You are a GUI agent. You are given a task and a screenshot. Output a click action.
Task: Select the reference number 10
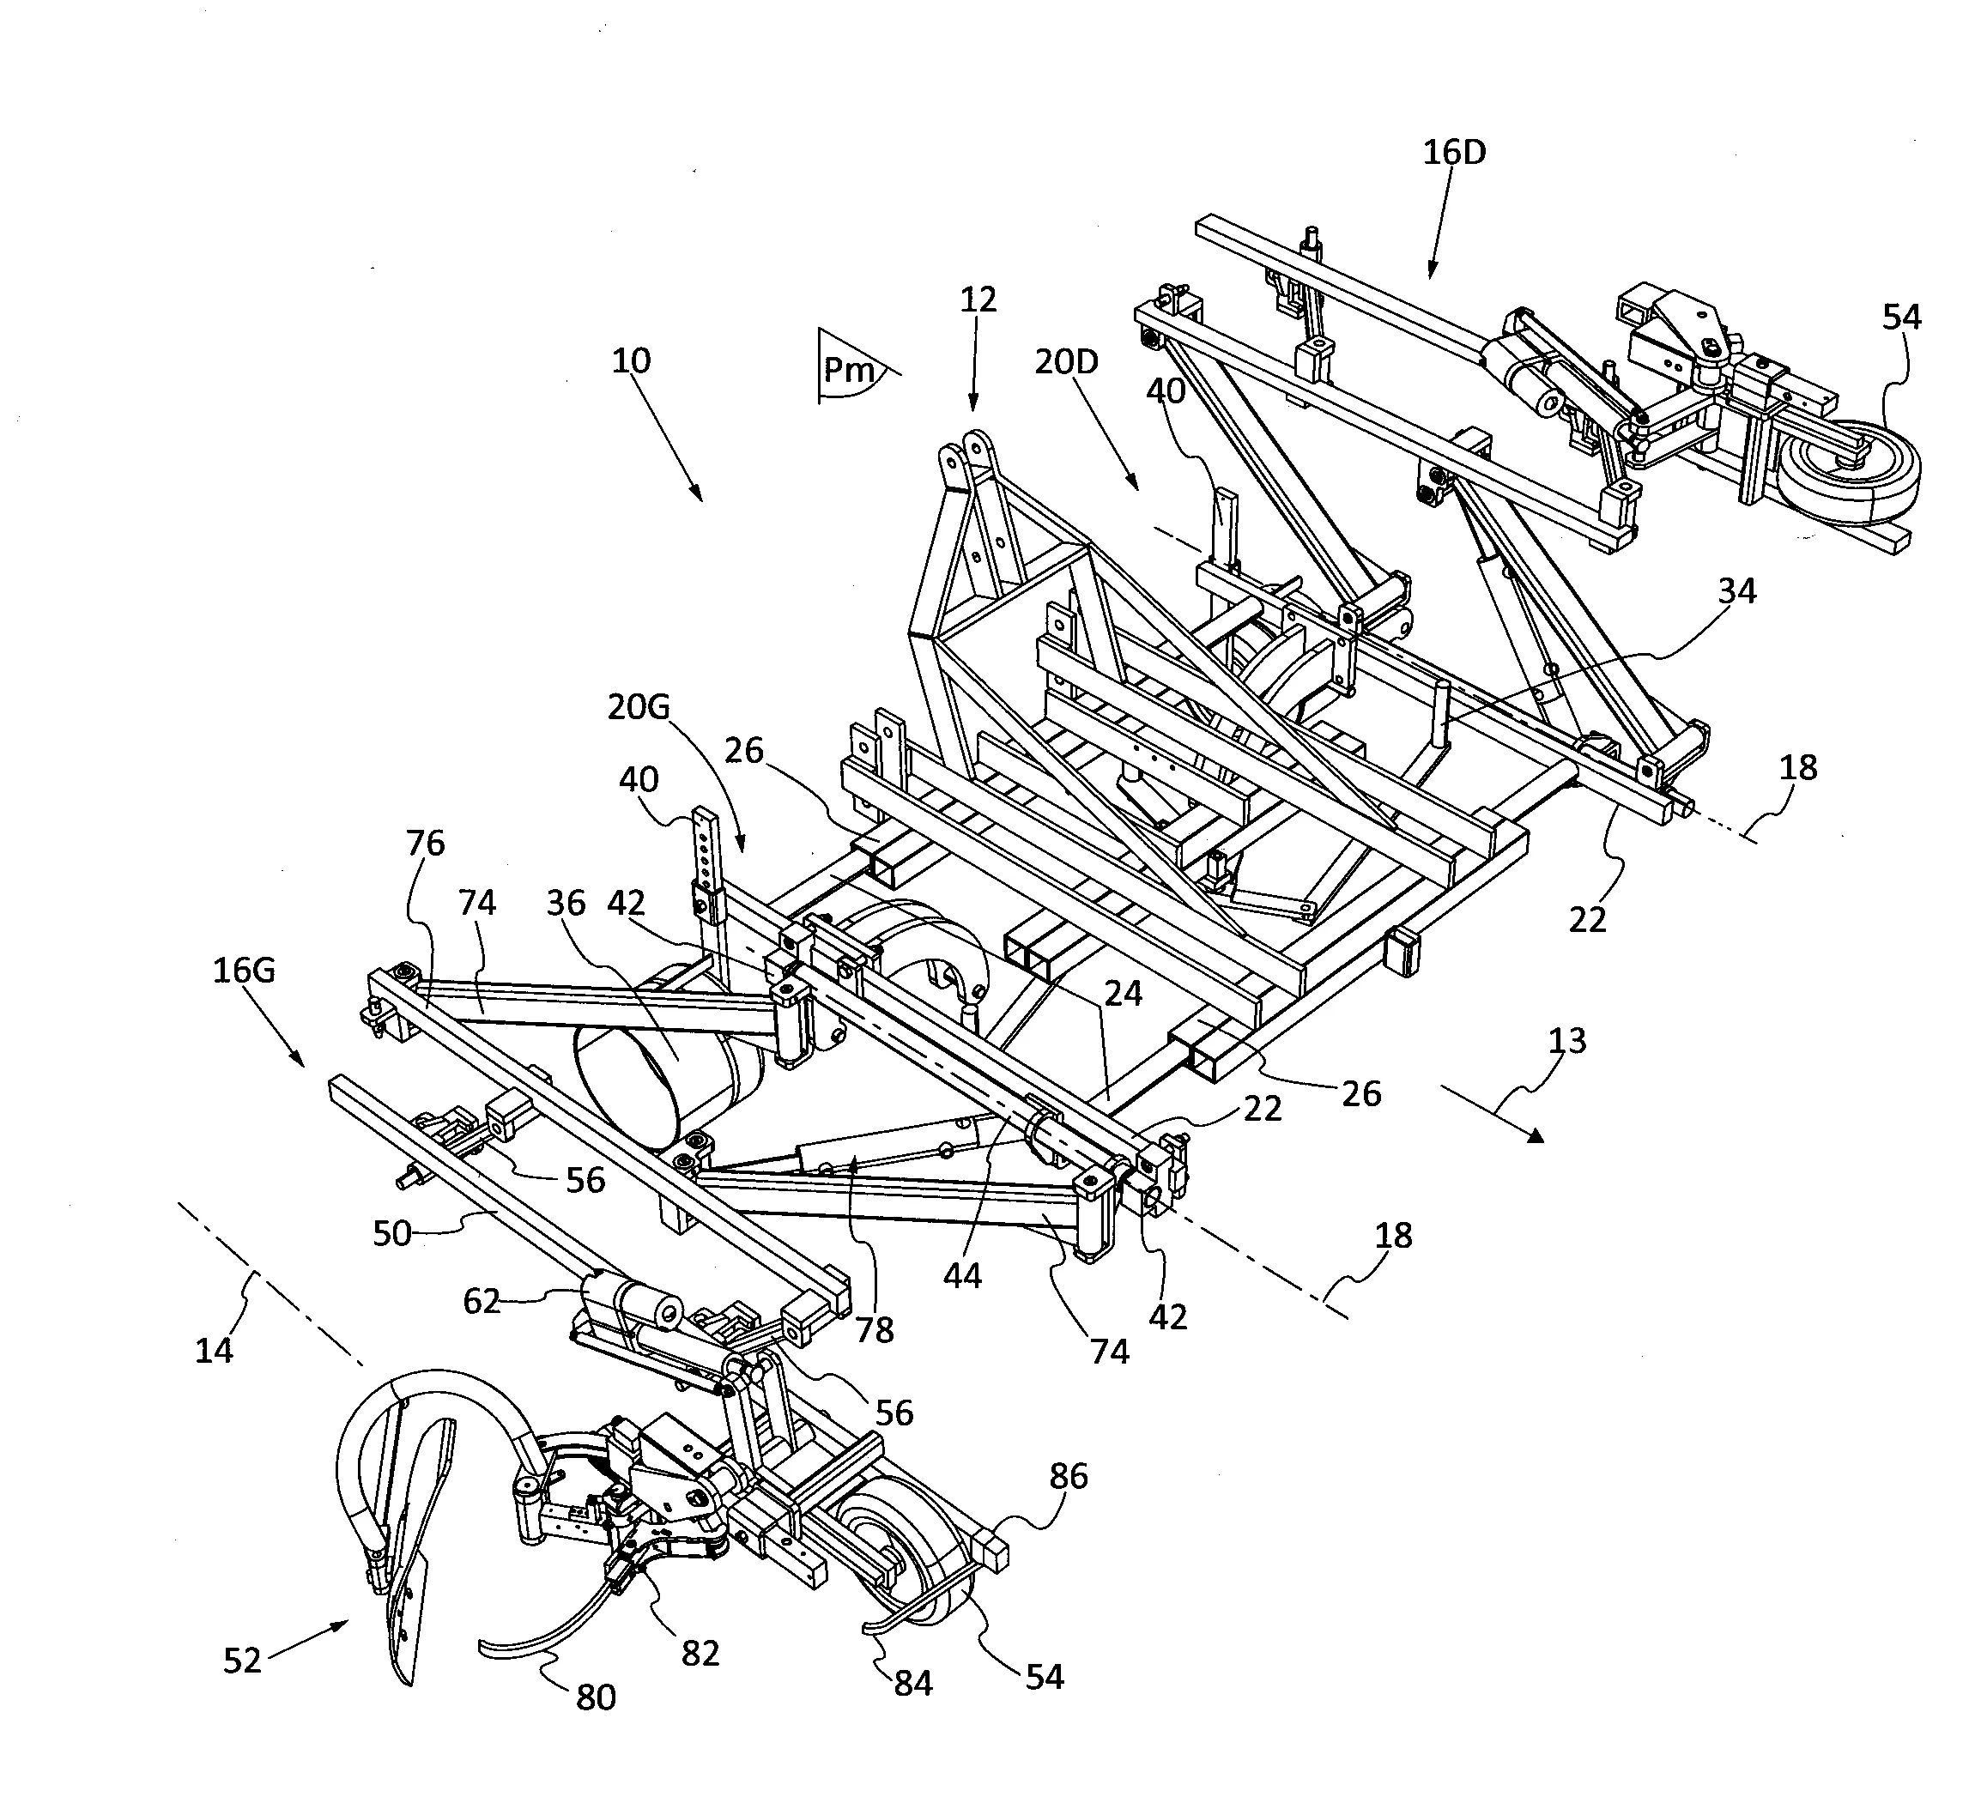[631, 361]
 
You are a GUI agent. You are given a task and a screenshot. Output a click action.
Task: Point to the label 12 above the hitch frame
[978, 299]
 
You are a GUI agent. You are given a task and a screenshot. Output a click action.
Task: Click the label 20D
[1066, 361]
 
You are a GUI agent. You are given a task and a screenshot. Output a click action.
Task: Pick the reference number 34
[1736, 590]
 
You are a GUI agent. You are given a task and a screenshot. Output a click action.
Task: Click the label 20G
[639, 706]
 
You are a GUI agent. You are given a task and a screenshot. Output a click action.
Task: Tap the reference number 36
[566, 903]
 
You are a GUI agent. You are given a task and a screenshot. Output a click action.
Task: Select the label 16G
[244, 971]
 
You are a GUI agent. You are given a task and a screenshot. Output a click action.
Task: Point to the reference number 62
[482, 1302]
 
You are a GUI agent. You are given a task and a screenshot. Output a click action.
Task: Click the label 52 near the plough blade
[243, 1661]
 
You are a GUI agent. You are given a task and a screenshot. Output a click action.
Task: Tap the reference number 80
[596, 1697]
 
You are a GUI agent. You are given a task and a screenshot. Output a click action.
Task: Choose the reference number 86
[1068, 1476]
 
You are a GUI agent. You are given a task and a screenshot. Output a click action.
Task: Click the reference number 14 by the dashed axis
[215, 1351]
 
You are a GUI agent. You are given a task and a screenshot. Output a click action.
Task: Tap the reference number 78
[875, 1329]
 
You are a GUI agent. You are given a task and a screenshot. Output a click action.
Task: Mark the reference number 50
[391, 1233]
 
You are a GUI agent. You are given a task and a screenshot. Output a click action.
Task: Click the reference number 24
[1124, 994]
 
